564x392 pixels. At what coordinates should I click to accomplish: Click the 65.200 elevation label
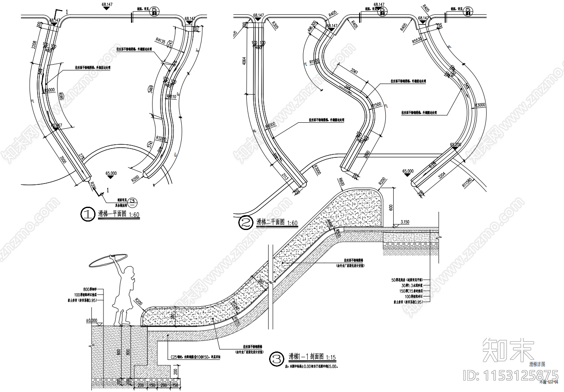pos(455,144)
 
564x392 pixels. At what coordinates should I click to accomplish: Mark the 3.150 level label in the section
pos(405,222)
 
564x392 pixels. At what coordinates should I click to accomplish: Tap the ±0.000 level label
pos(91,320)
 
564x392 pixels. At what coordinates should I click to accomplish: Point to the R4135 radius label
pos(161,41)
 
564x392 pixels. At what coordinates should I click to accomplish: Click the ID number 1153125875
pos(511,374)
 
